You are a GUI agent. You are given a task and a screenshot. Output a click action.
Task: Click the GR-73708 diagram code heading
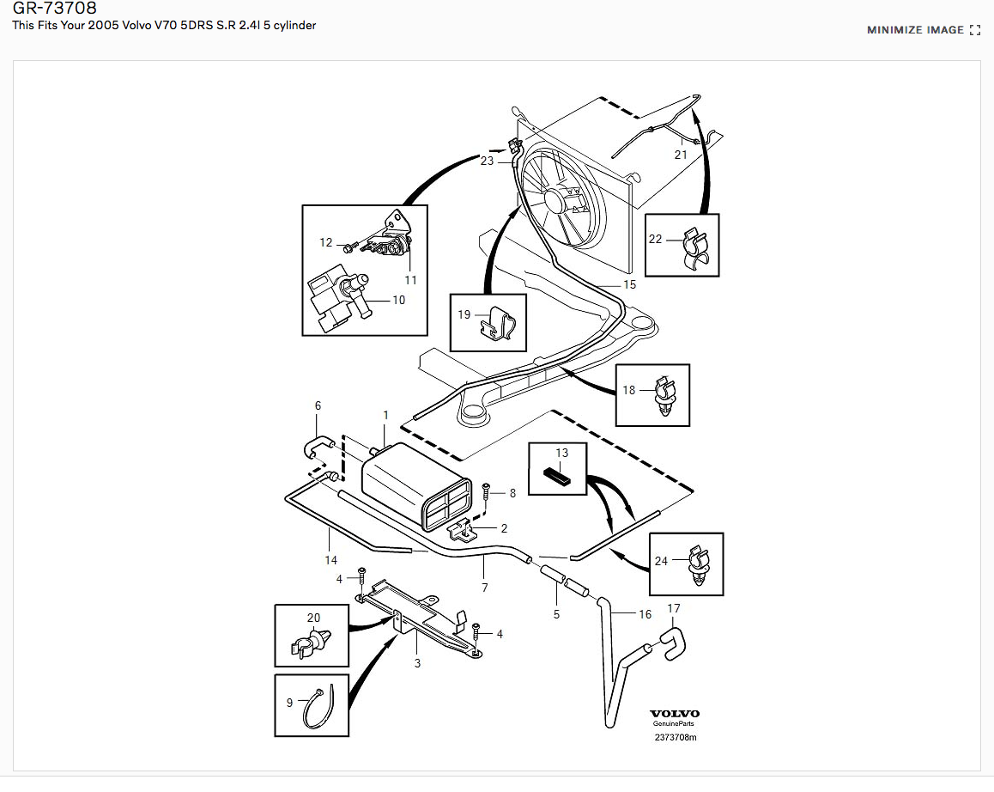(48, 9)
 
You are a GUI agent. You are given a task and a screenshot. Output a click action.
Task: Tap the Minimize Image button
(923, 30)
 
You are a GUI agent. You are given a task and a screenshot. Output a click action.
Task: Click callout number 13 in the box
(561, 453)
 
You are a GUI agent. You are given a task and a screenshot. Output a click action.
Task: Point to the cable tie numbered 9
(316, 710)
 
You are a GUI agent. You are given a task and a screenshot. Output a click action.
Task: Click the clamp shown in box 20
(312, 642)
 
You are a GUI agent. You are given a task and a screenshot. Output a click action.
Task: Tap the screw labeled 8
(486, 492)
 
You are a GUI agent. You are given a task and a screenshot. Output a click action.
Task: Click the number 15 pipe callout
(629, 284)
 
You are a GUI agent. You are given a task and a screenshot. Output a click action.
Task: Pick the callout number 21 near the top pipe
(680, 155)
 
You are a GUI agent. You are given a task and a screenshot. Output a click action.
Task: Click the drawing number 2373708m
(675, 737)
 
